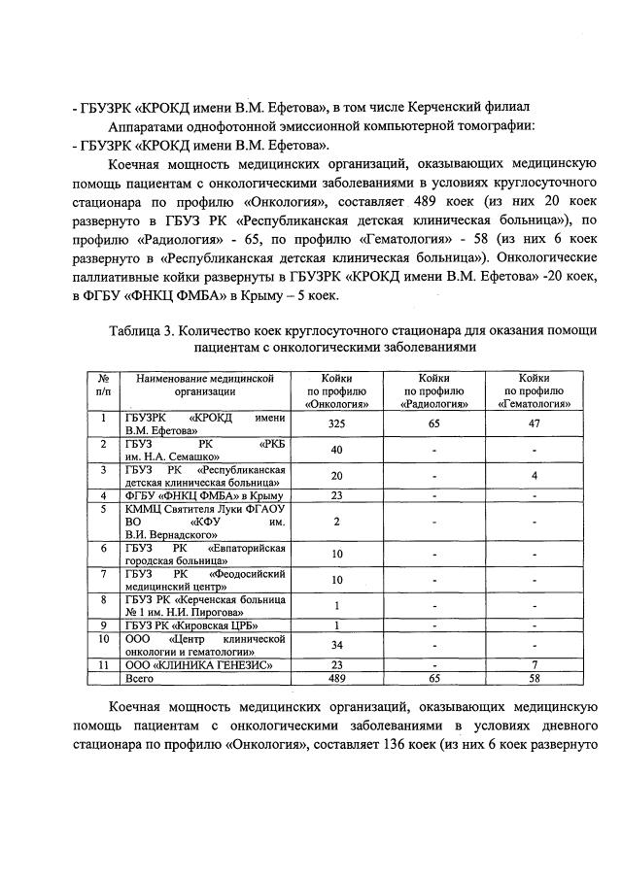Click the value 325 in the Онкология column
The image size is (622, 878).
point(336,423)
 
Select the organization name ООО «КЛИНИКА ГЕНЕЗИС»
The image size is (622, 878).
point(190,665)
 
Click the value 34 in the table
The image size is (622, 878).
point(336,646)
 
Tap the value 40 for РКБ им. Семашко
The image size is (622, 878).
point(336,450)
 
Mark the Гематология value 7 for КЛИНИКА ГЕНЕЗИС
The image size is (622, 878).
point(535,665)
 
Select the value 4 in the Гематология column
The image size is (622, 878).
point(535,476)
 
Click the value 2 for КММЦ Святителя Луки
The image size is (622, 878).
point(336,522)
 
